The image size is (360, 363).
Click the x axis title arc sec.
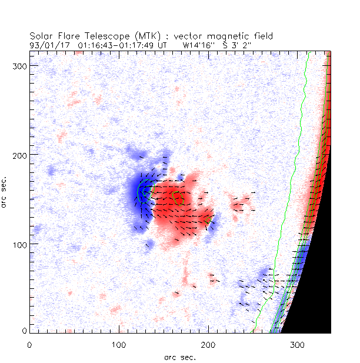pyautogui.click(x=180, y=357)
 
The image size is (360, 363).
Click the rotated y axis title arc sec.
pyautogui.click(x=5, y=189)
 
